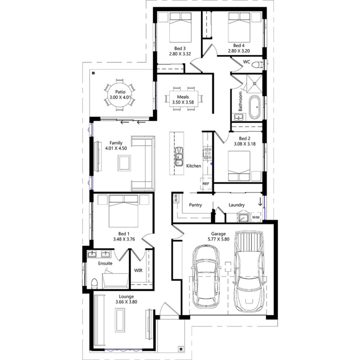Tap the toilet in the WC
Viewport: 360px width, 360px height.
click(x=258, y=65)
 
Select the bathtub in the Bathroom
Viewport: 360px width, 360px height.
click(x=255, y=107)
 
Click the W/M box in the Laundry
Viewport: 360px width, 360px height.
click(x=256, y=217)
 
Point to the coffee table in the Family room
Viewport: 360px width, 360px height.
click(x=124, y=163)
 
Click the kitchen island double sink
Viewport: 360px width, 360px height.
click(x=179, y=156)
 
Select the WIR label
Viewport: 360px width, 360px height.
click(x=137, y=270)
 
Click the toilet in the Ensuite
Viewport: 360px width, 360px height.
click(x=94, y=283)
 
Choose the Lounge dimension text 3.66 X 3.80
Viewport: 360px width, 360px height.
click(x=126, y=302)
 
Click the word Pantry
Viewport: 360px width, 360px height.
click(x=195, y=205)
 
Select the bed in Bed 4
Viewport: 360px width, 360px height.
click(x=239, y=28)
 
